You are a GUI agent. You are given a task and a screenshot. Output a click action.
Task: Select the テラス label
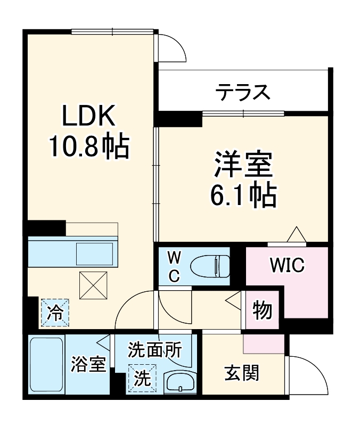point(242,93)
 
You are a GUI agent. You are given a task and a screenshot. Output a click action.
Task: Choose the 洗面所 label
point(154,350)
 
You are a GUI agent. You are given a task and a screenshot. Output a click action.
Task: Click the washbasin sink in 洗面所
point(179,382)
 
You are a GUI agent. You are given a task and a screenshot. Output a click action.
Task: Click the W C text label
point(174,266)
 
